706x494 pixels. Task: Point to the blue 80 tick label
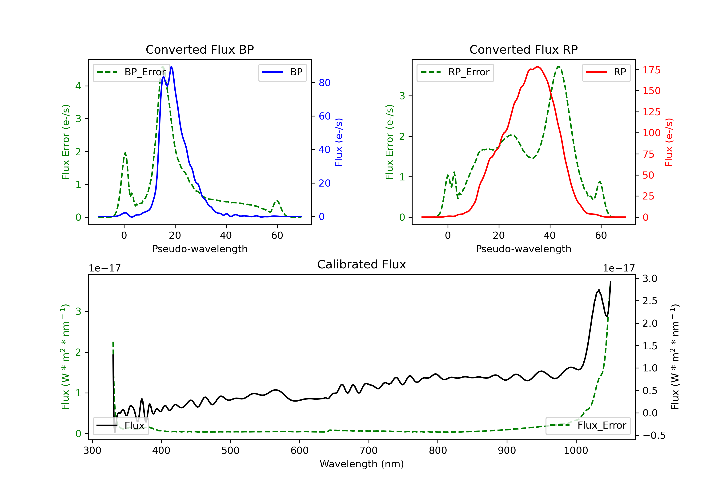click(x=324, y=83)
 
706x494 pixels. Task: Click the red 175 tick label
click(x=651, y=70)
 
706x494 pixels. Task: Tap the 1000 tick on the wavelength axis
click(x=576, y=451)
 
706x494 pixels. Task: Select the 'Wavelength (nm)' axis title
click(x=362, y=464)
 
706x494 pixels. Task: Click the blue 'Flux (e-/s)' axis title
click(x=339, y=142)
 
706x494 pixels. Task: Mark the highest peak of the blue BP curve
click(x=171, y=67)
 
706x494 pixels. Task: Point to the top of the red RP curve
click(x=537, y=67)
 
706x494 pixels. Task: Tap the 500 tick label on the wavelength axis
click(x=230, y=451)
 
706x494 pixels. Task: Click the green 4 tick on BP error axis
click(x=78, y=86)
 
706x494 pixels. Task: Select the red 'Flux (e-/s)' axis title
click(x=669, y=142)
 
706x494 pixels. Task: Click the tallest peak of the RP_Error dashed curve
click(x=558, y=67)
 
